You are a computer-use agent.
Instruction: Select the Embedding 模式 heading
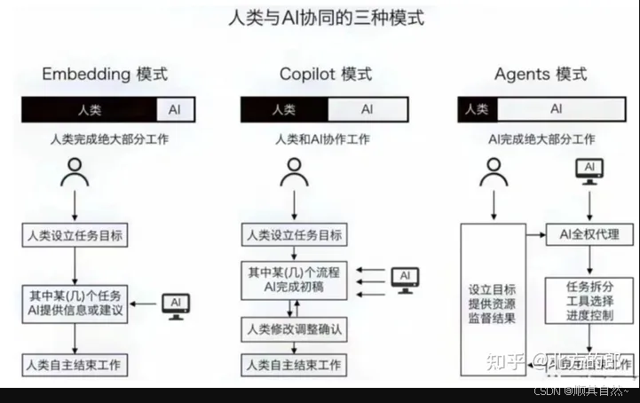[105, 74]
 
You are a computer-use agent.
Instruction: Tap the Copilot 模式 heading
[326, 74]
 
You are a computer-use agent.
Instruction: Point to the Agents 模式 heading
[541, 74]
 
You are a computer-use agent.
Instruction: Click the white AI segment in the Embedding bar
[175, 109]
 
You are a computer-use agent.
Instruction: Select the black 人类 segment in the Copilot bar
[284, 109]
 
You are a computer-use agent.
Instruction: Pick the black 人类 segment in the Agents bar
[478, 109]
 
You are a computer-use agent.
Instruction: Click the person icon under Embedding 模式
[75, 172]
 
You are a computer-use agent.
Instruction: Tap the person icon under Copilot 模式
[294, 172]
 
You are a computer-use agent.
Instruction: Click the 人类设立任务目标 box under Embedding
[75, 235]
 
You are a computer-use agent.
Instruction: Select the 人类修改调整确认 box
[294, 329]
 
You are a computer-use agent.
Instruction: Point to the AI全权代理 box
[589, 235]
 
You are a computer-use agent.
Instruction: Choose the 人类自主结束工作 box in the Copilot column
[294, 365]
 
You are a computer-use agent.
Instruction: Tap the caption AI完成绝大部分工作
[542, 139]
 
